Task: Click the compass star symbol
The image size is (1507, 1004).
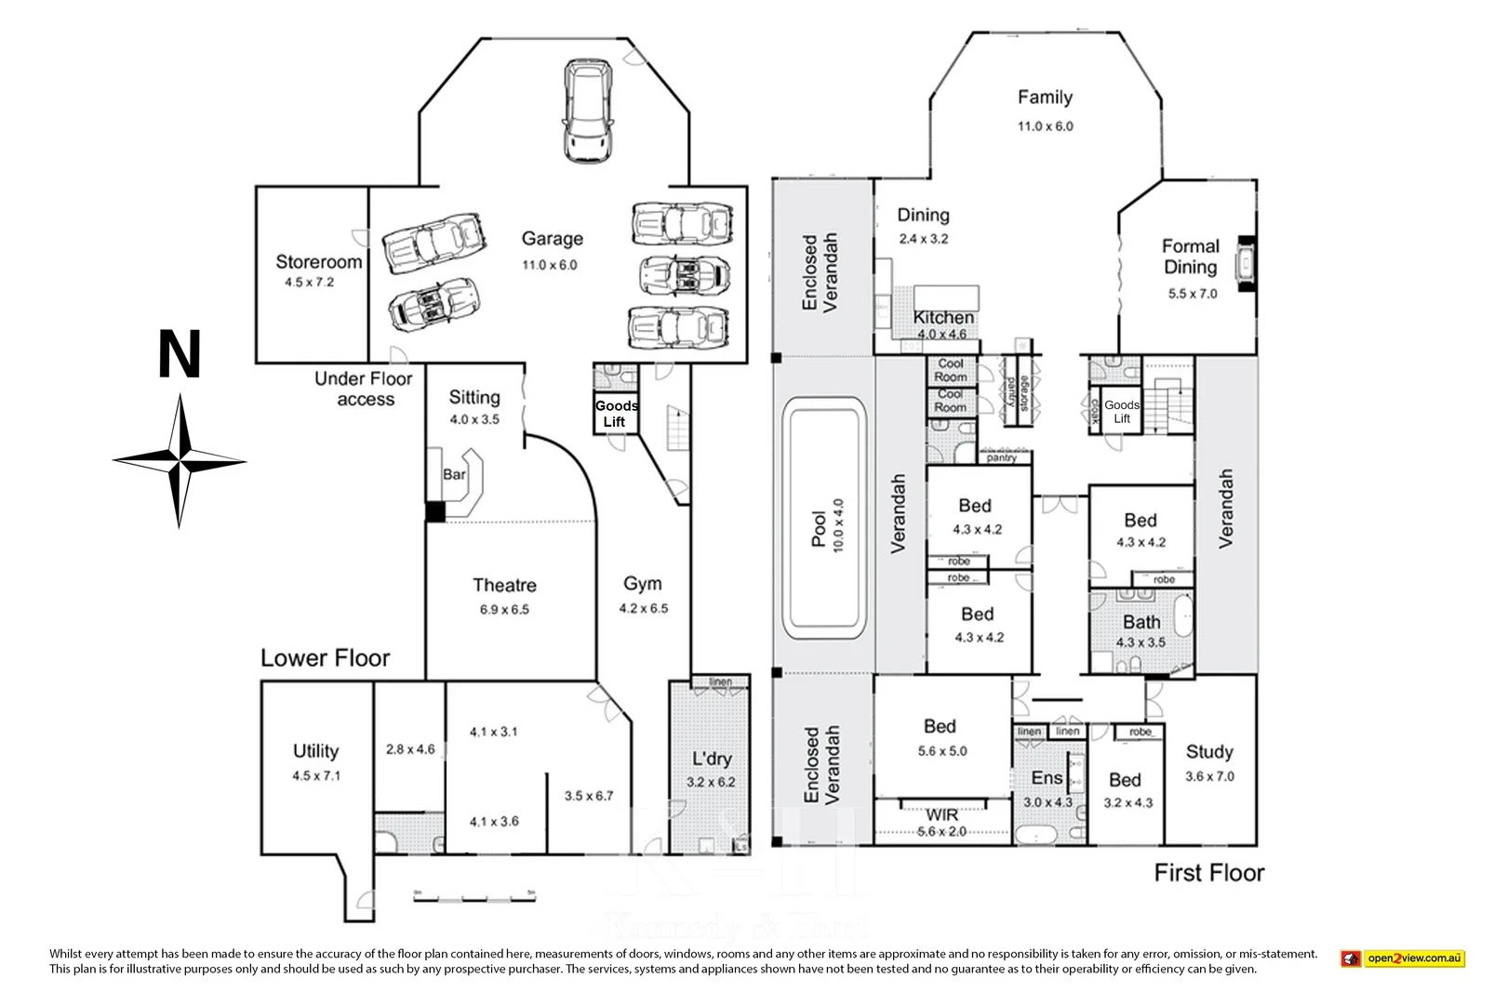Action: pos(180,461)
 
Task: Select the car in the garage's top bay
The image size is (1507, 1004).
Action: pos(588,111)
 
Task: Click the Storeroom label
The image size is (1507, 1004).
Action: pos(318,262)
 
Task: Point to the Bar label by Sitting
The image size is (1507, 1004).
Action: pos(454,474)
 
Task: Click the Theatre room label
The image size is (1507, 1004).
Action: pos(504,585)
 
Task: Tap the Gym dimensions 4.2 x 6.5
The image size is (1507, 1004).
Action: pos(643,609)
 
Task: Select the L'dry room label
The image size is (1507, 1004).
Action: pos(712,759)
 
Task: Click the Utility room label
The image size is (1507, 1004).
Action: pos(315,751)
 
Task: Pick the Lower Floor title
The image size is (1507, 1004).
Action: pos(325,658)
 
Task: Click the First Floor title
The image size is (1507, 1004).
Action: pos(1208,873)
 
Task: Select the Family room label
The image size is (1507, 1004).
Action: pos(1045,98)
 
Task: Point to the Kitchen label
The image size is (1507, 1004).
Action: pos(943,318)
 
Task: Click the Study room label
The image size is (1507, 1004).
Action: pos(1209,751)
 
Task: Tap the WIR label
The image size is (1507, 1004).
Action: pos(941,815)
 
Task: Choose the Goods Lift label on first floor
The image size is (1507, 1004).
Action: pos(1122,412)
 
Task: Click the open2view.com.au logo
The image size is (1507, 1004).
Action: pos(1403,958)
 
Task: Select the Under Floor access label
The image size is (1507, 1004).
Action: pos(364,389)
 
